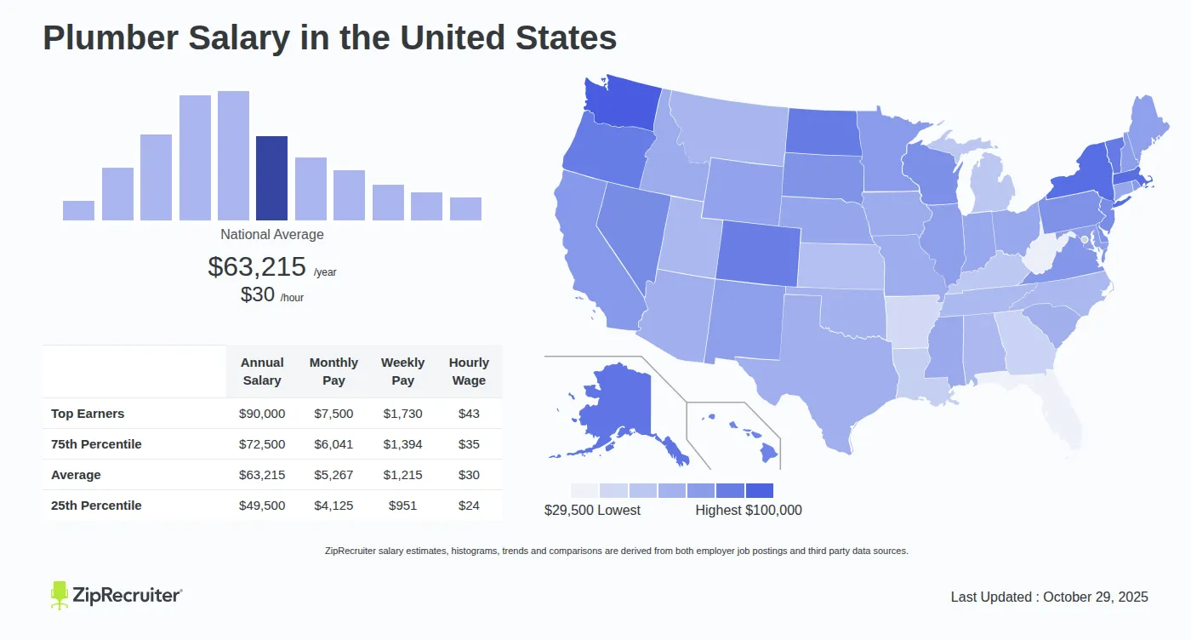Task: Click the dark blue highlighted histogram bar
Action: point(271,178)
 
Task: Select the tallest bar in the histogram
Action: point(233,156)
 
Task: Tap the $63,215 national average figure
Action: point(257,266)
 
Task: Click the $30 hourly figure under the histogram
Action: point(258,294)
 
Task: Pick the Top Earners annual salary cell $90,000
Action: point(262,414)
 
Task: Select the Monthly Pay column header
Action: point(333,372)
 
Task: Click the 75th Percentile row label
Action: point(96,444)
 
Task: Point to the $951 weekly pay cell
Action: point(402,506)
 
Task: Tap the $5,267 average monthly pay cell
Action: point(333,475)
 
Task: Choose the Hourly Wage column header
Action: point(469,372)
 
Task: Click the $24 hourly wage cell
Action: point(469,506)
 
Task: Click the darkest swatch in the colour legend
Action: point(759,490)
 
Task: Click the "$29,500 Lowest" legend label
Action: point(592,510)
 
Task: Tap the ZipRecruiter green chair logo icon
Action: point(59,595)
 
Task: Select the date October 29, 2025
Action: point(1096,597)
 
